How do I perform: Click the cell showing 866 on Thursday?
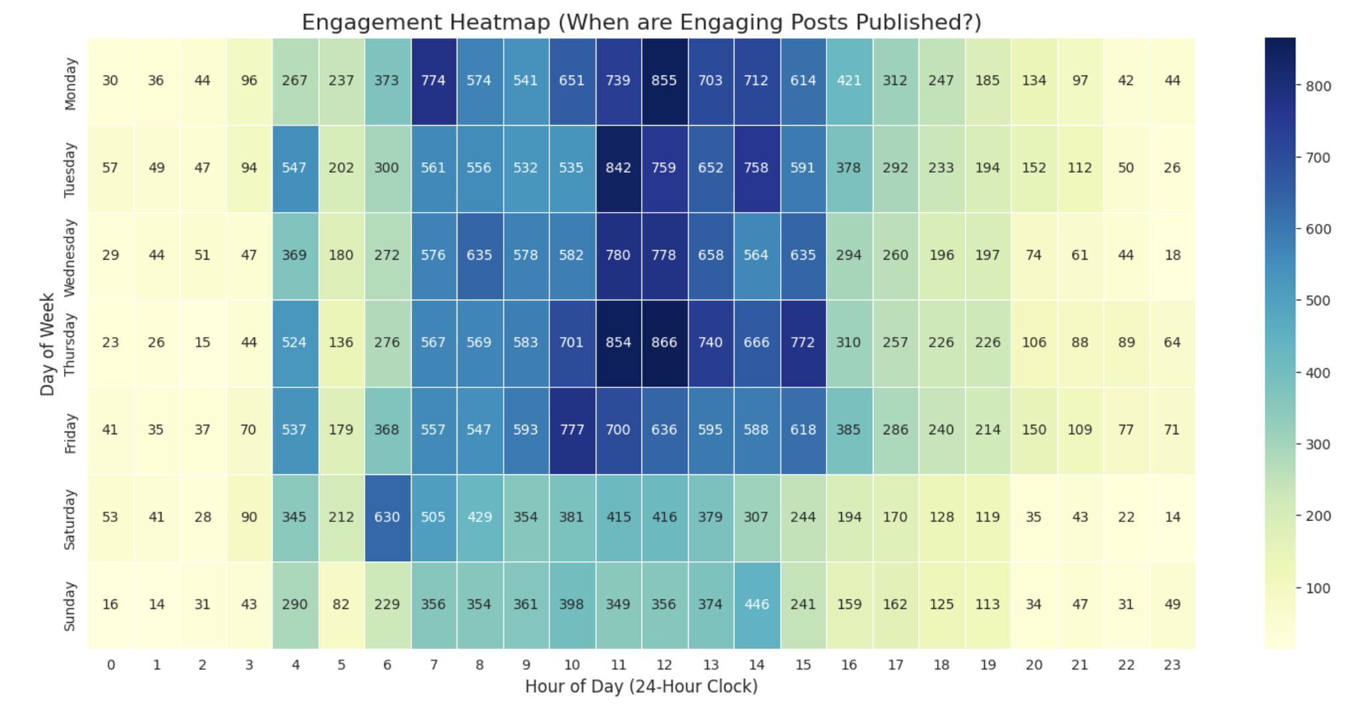pos(664,342)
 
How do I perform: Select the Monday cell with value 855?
pos(664,80)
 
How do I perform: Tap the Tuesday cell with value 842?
pos(618,168)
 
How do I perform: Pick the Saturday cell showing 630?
pos(387,517)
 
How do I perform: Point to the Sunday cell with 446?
pos(756,604)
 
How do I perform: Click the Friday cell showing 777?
pos(572,429)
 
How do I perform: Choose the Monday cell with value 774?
pos(433,80)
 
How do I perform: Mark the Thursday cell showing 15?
pos(202,342)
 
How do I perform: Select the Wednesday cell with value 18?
pos(1172,255)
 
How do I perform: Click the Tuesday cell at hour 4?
pos(295,168)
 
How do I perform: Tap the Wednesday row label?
pos(70,257)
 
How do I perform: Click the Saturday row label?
pos(70,520)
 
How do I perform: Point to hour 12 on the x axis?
pos(664,665)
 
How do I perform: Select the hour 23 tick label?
pos(1172,665)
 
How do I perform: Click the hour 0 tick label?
pos(110,665)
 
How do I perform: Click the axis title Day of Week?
pos(47,344)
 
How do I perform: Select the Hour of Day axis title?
pos(641,687)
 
